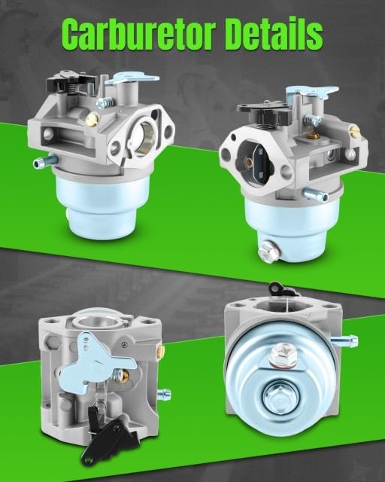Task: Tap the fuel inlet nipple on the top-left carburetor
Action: [x=44, y=161]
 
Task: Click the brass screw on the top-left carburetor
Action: [x=92, y=119]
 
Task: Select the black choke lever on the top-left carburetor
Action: [x=65, y=81]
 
